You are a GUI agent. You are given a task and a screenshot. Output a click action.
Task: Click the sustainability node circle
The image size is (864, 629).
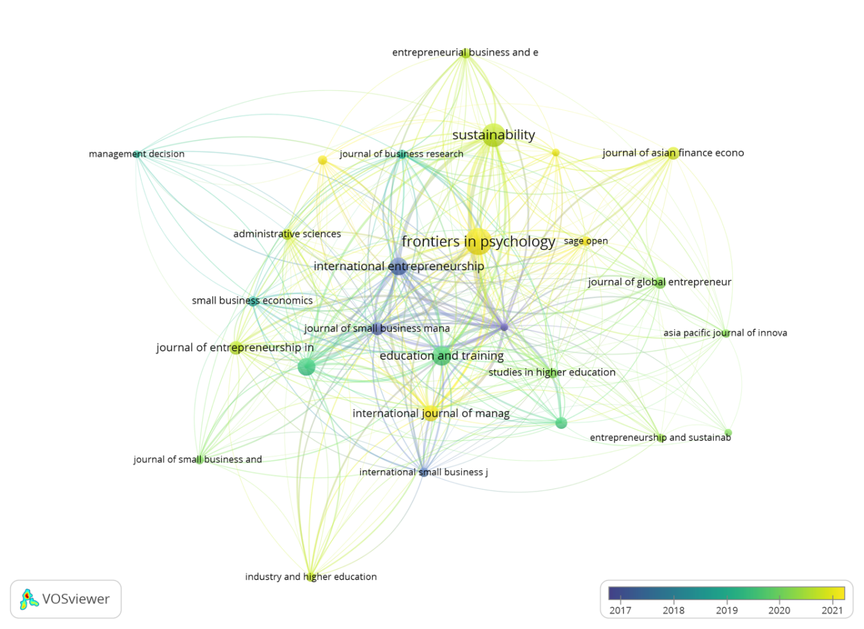pyautogui.click(x=493, y=136)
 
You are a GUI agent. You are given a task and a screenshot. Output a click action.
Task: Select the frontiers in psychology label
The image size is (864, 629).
pyautogui.click(x=478, y=242)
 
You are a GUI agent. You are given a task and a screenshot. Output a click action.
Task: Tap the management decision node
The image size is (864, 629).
pyautogui.click(x=136, y=154)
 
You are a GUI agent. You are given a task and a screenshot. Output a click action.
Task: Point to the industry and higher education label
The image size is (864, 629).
pyautogui.click(x=311, y=577)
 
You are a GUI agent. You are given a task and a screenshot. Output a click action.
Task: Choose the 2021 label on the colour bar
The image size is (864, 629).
pyautogui.click(x=832, y=610)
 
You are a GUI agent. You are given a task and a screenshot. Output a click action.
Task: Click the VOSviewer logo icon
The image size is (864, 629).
pyautogui.click(x=29, y=600)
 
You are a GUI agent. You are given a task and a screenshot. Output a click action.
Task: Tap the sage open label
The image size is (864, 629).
pyautogui.click(x=586, y=241)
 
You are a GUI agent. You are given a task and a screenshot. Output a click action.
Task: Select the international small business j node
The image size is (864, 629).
pyautogui.click(x=423, y=472)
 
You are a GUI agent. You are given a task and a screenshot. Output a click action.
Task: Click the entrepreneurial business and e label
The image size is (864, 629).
pyautogui.click(x=465, y=52)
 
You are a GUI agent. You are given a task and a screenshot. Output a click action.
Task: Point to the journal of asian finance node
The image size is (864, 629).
pyautogui.click(x=672, y=153)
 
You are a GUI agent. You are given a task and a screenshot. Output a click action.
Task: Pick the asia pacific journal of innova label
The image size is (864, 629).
pyautogui.click(x=725, y=333)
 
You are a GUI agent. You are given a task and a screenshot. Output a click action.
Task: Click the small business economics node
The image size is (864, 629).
pyautogui.click(x=253, y=301)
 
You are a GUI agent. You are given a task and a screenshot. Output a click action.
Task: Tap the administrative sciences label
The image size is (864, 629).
pyautogui.click(x=287, y=234)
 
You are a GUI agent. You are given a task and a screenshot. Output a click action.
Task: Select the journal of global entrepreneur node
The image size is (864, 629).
pyautogui.click(x=660, y=283)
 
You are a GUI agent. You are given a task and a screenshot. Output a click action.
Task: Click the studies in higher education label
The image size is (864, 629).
pyautogui.click(x=552, y=373)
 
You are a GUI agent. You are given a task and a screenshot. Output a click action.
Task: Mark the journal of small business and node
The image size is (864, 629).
pyautogui.click(x=200, y=459)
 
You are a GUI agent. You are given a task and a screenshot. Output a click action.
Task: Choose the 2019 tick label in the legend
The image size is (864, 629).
pyautogui.click(x=727, y=610)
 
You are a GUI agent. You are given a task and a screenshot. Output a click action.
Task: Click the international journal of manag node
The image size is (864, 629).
pyautogui.click(x=430, y=414)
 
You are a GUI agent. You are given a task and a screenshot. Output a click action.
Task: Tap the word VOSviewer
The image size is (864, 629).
pyautogui.click(x=75, y=600)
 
